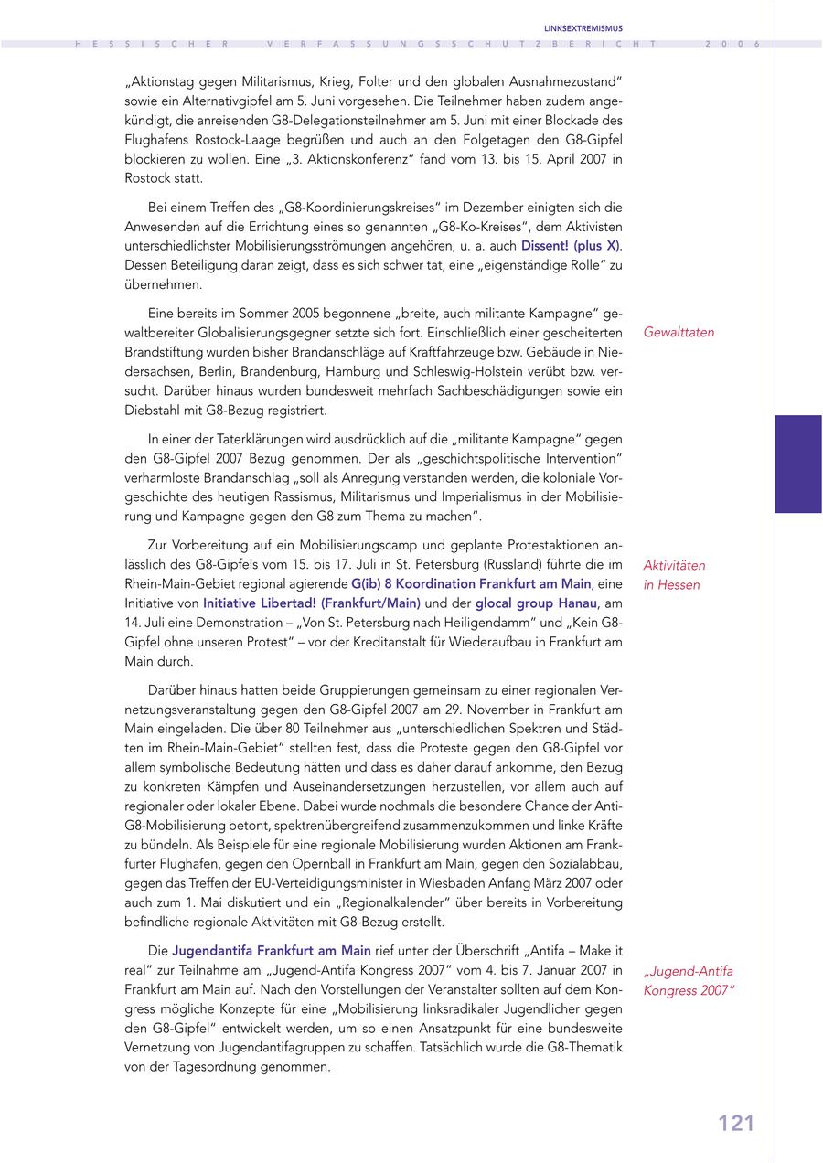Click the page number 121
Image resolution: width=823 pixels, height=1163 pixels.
coord(736,1123)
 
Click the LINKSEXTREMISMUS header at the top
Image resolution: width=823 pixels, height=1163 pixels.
coord(583,28)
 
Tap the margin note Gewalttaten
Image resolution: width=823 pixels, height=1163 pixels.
coord(679,333)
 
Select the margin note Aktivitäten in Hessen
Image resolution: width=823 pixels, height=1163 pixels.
coord(674,575)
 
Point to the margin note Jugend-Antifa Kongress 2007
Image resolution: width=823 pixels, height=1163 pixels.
coord(688,980)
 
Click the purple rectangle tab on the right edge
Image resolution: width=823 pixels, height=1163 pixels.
coord(798,464)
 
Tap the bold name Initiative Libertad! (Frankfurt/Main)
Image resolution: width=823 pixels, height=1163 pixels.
coord(311,603)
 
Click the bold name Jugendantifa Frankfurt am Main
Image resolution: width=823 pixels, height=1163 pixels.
coord(272,951)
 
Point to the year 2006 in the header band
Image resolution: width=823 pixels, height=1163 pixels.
coord(733,44)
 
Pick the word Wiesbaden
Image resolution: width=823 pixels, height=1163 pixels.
coord(448,883)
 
